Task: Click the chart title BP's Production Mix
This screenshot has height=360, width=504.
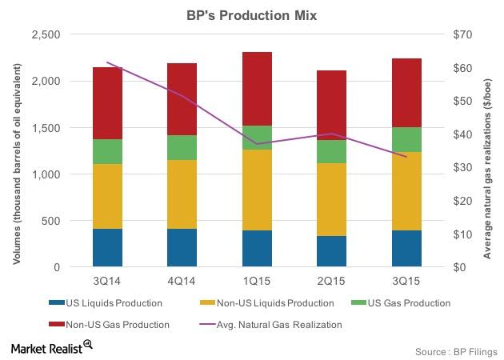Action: (x=251, y=14)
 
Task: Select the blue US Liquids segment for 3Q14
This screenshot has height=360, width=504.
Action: (x=108, y=247)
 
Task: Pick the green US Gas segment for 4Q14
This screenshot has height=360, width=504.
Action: (x=182, y=147)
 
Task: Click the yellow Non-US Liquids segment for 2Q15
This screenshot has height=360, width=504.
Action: (x=331, y=199)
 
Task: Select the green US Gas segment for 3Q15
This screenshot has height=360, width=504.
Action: (x=406, y=139)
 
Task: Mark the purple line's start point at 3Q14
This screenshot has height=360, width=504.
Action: (x=108, y=62)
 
